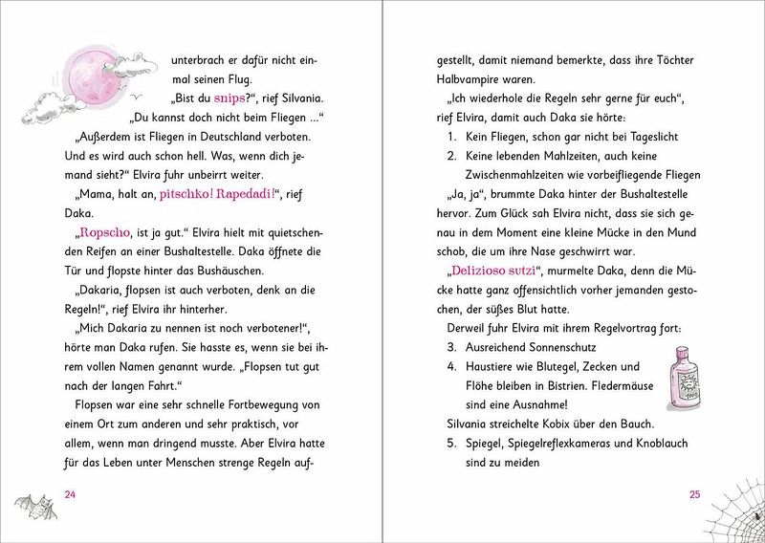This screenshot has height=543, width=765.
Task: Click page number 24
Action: [68, 494]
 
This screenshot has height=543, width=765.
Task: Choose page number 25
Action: [695, 494]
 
